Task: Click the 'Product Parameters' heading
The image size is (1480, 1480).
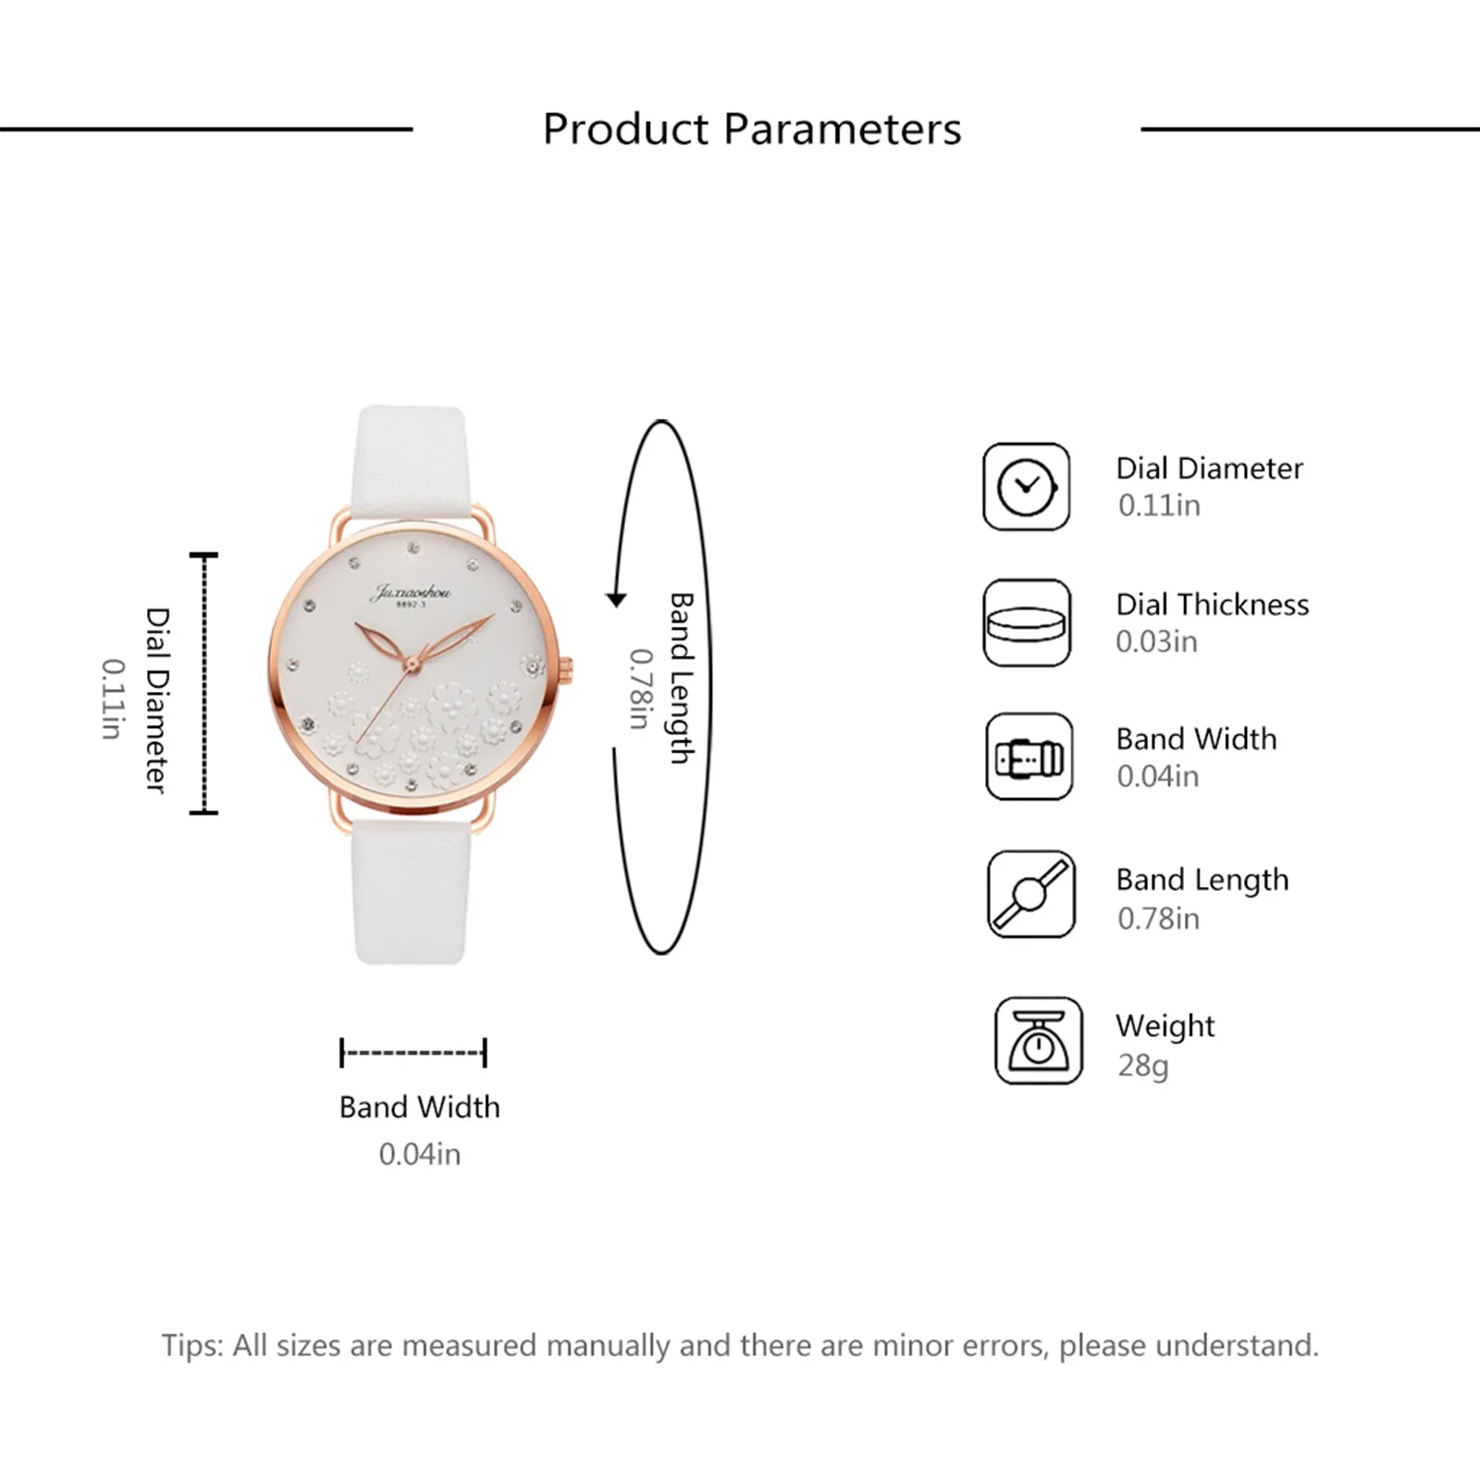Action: [x=751, y=129]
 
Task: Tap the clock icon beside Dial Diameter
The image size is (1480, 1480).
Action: [x=1026, y=487]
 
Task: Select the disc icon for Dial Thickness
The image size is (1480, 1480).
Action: [x=1026, y=623]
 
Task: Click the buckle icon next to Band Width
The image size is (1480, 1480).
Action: [x=1029, y=757]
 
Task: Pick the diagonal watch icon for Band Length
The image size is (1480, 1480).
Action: [x=1030, y=894]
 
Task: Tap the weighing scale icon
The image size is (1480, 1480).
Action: [x=1038, y=1041]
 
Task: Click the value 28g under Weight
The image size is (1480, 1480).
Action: [x=1142, y=1066]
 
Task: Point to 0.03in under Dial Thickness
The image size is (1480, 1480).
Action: [x=1156, y=641]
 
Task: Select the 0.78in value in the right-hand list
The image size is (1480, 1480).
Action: [x=1158, y=919]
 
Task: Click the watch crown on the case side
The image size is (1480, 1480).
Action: [x=567, y=666]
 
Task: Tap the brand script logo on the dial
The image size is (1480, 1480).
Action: [x=410, y=592]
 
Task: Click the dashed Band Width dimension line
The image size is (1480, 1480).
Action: [x=413, y=1053]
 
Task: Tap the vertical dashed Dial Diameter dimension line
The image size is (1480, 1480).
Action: [x=203, y=684]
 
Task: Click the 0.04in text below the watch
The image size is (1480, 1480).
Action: [x=419, y=1154]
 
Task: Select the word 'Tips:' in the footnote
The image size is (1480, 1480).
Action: [x=192, y=1345]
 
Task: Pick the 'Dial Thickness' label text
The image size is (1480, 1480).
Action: [x=1212, y=604]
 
